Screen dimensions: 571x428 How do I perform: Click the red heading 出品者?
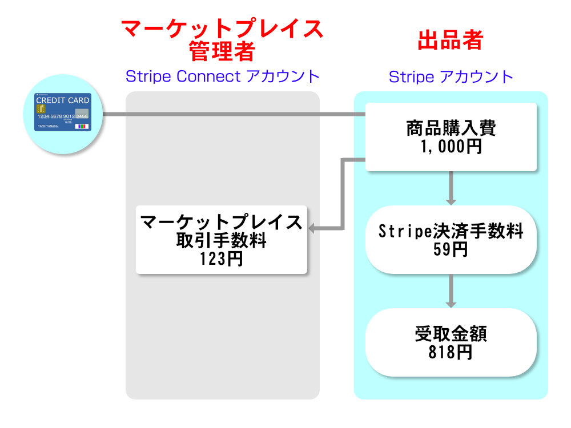click(451, 40)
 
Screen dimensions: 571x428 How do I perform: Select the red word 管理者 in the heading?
click(222, 51)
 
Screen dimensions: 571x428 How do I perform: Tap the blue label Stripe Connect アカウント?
click(223, 76)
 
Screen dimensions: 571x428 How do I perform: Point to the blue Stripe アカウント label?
click(451, 77)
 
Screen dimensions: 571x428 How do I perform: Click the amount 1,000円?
click(451, 147)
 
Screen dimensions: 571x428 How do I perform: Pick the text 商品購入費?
click(451, 128)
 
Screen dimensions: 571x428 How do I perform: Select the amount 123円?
click(222, 259)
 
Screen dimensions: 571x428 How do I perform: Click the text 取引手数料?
click(222, 240)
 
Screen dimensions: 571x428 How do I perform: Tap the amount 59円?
click(451, 249)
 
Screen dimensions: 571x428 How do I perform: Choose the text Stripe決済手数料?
click(451, 231)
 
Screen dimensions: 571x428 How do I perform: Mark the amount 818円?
click(451, 352)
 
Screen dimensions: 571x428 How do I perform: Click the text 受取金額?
click(451, 334)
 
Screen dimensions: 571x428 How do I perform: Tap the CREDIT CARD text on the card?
click(63, 100)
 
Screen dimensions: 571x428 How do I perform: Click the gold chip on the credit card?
click(41, 109)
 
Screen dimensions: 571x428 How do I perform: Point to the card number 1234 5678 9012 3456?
click(63, 116)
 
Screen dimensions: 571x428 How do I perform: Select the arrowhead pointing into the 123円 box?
click(311, 229)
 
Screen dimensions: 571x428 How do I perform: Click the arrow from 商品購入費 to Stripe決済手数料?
click(451, 188)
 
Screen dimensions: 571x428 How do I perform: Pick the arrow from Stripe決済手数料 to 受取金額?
click(451, 291)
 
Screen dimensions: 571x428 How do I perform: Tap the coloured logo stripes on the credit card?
click(82, 126)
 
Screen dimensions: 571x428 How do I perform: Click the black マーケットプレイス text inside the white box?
click(222, 221)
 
